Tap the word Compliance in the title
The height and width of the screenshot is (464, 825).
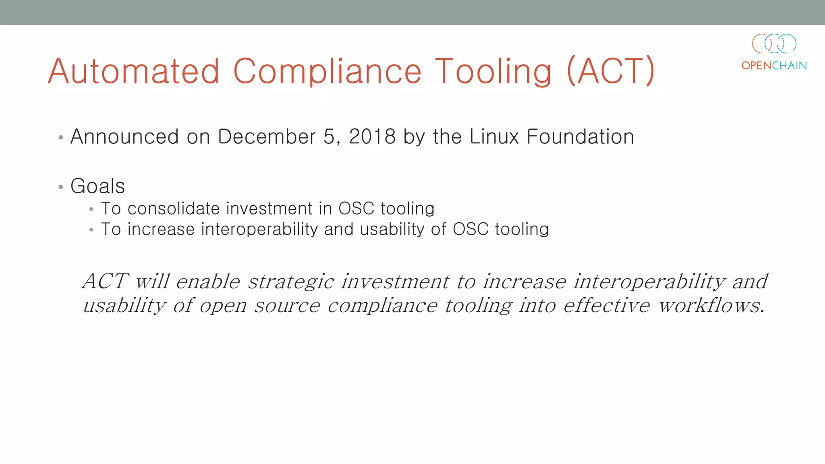coord(327,71)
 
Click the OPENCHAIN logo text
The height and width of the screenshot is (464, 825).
coord(774,66)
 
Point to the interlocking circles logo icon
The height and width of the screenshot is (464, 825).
coord(774,43)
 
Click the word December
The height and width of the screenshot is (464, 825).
coord(267,137)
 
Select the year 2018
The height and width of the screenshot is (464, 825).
coord(372,137)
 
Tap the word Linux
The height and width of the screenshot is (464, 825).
coord(494,137)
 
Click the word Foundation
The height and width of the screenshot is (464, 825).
coord(580,137)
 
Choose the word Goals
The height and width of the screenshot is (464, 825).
coord(97,186)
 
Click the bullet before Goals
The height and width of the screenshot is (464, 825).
coord(61,187)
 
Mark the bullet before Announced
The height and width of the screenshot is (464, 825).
coord(61,138)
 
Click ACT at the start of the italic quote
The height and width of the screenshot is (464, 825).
coord(106,281)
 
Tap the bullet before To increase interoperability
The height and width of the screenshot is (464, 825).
coord(91,230)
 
